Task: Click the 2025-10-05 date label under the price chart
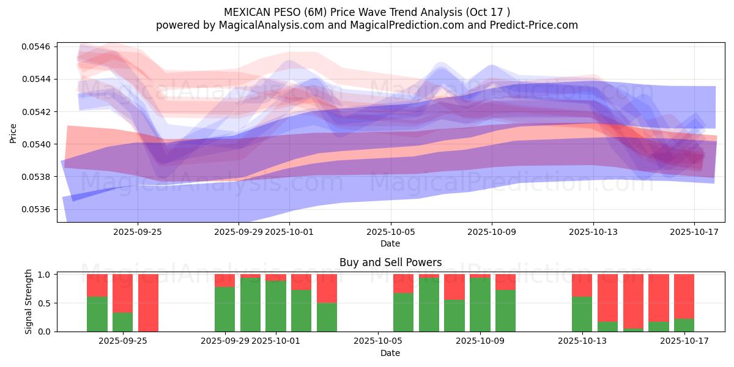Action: (x=390, y=232)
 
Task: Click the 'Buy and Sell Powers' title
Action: (x=390, y=262)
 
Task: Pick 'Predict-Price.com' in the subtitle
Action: (x=537, y=25)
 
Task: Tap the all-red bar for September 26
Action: (x=148, y=303)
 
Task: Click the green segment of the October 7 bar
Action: (x=429, y=305)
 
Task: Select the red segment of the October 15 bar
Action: (x=633, y=301)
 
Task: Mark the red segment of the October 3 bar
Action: (x=327, y=288)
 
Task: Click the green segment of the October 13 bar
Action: (x=582, y=314)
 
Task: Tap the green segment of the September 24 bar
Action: (x=97, y=314)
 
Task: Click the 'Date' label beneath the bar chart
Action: (x=390, y=353)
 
